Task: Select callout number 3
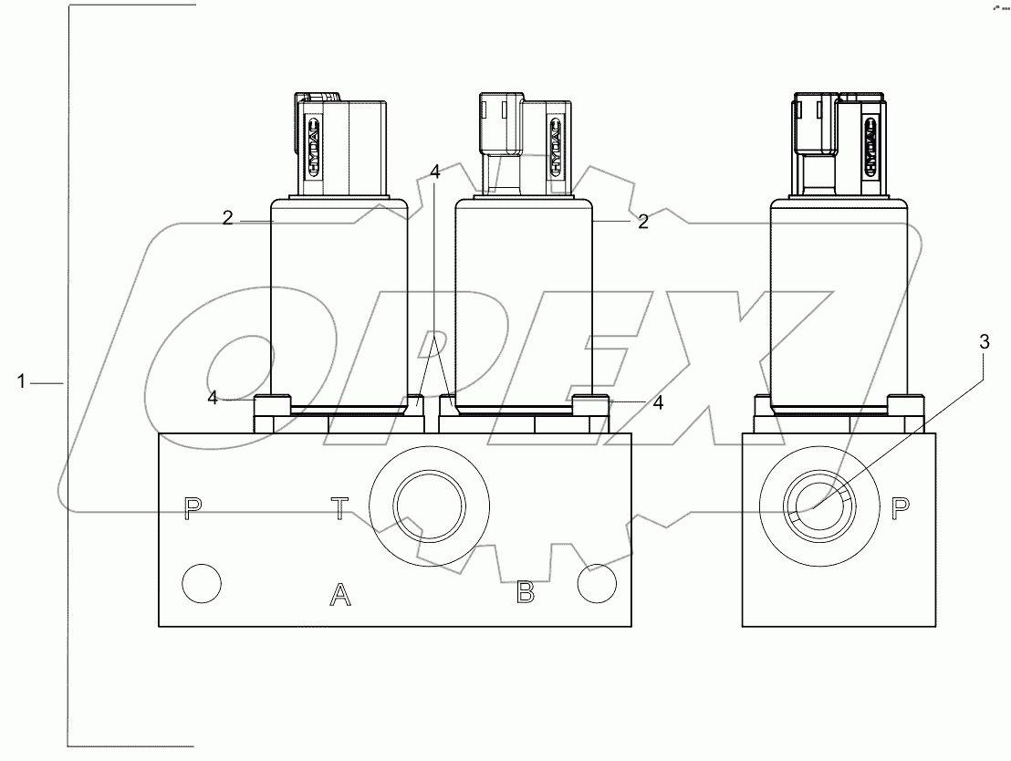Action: (983, 342)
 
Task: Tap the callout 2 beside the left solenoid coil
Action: (228, 217)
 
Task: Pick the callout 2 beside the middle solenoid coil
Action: (642, 221)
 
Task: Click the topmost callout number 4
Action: (435, 171)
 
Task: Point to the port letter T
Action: (339, 507)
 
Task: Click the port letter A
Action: (339, 596)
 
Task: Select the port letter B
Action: (525, 593)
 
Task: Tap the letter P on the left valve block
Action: (192, 507)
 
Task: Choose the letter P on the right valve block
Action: (900, 507)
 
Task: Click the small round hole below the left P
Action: (201, 582)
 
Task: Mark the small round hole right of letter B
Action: (598, 583)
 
